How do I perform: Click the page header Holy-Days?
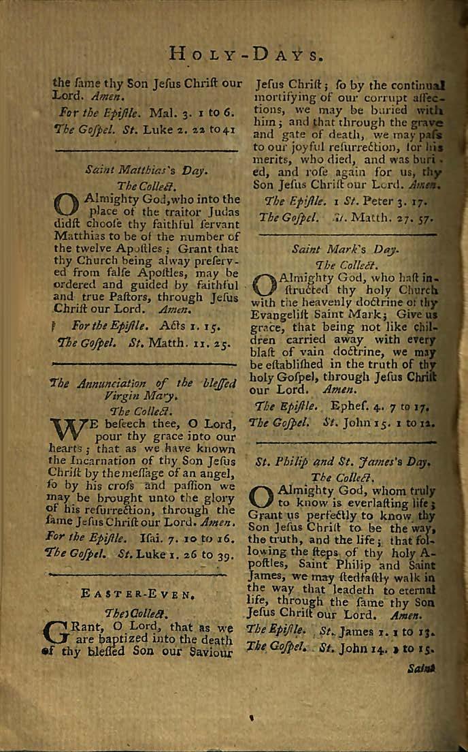coord(244,54)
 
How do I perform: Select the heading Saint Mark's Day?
coord(345,249)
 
